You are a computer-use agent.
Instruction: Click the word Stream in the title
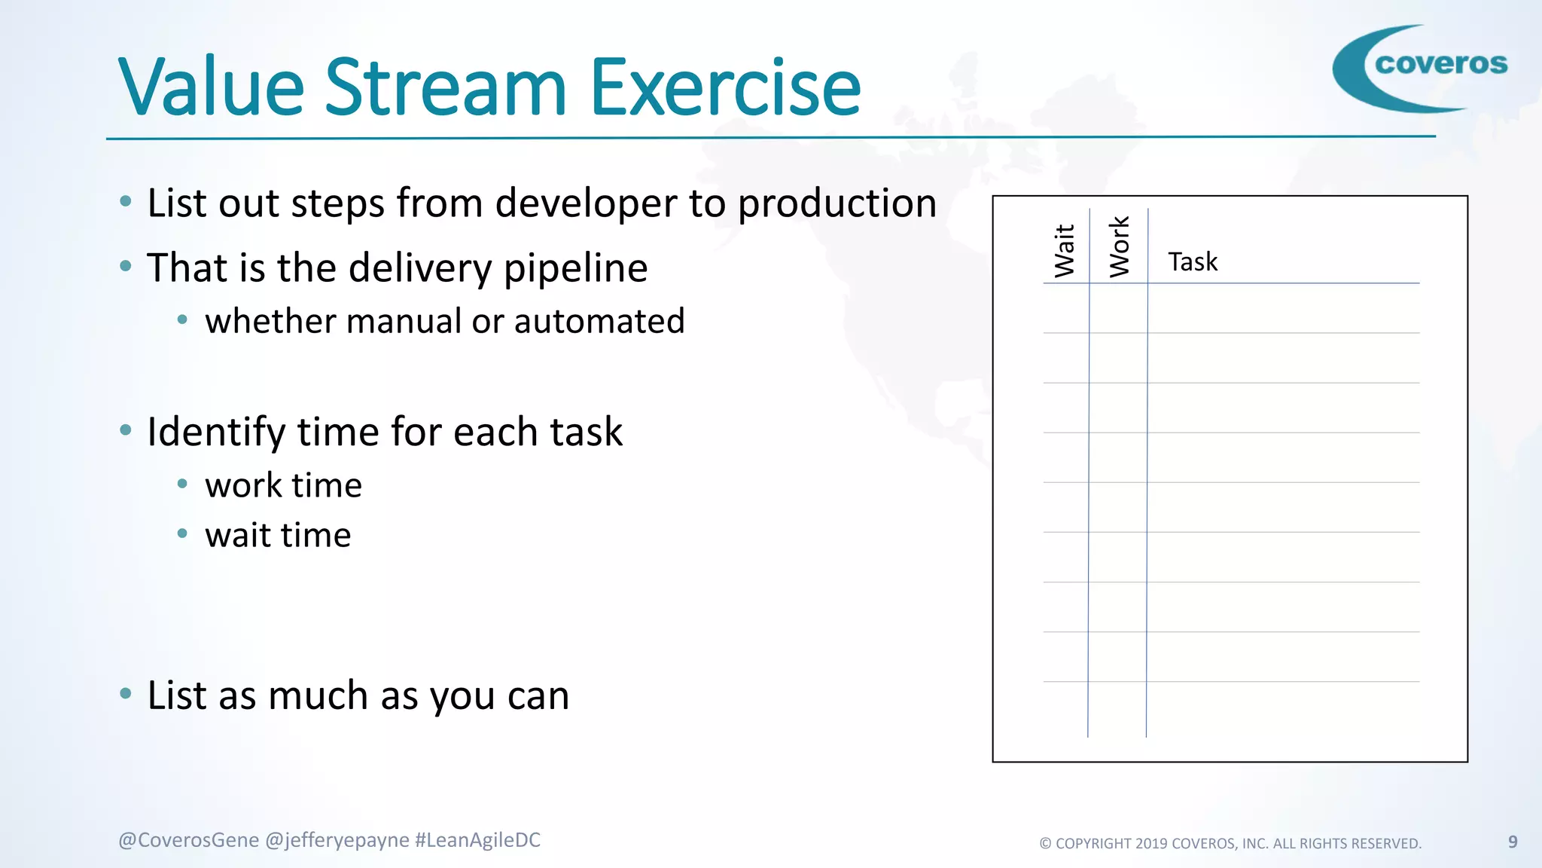(444, 89)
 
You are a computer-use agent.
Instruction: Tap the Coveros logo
(1420, 68)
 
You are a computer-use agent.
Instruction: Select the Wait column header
(1065, 250)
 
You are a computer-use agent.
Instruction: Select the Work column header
(1120, 246)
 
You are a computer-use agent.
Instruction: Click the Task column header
(1192, 262)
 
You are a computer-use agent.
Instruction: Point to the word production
(837, 203)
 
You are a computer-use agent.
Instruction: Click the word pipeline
(575, 268)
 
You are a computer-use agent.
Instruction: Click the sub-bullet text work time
(283, 485)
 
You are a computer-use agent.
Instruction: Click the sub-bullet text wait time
(278, 536)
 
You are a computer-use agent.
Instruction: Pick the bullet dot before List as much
(126, 693)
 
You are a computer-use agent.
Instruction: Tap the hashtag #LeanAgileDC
(477, 840)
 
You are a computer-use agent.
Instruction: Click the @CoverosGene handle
(188, 840)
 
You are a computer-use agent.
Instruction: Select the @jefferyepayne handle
(337, 840)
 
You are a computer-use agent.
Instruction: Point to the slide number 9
(1513, 842)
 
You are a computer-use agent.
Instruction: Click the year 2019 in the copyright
(1151, 844)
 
